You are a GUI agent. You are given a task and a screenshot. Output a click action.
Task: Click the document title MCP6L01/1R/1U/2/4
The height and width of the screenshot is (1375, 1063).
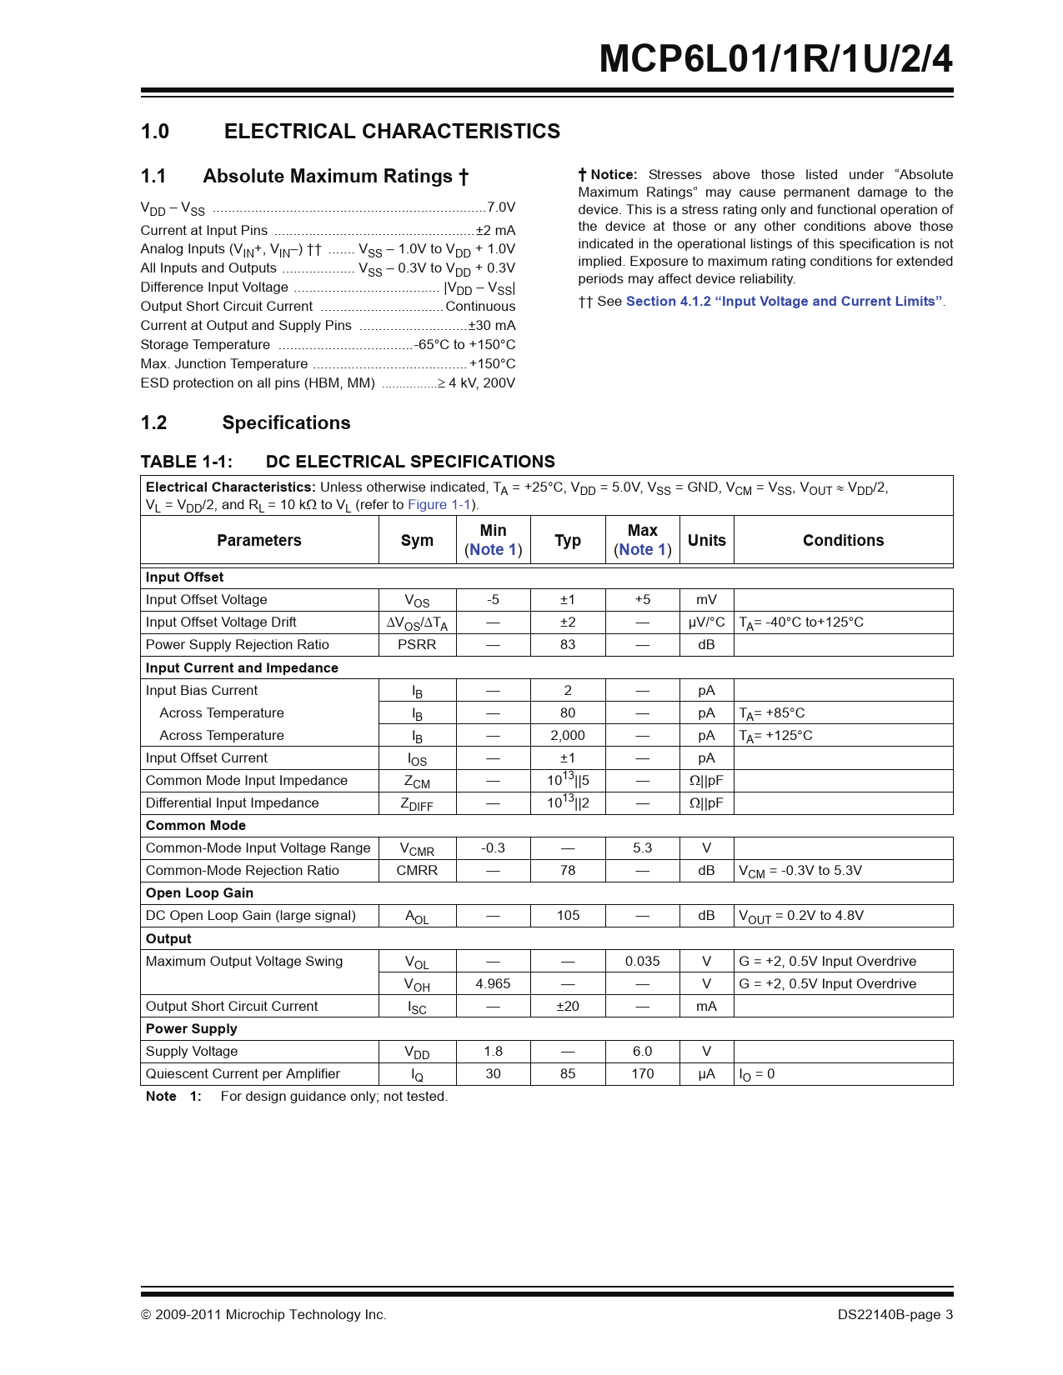point(775,59)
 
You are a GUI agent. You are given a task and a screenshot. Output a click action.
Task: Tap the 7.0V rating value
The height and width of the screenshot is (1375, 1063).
point(501,207)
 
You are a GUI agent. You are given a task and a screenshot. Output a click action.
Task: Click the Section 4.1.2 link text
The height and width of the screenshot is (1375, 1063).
point(784,302)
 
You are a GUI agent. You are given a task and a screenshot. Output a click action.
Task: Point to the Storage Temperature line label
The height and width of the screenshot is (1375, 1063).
point(205,345)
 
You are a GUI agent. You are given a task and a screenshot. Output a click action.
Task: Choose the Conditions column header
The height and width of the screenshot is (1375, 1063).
point(843,540)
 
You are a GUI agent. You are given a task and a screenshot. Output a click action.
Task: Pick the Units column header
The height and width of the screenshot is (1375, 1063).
point(706,540)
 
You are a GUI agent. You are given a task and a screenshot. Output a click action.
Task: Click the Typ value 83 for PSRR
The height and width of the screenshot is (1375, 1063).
point(568,645)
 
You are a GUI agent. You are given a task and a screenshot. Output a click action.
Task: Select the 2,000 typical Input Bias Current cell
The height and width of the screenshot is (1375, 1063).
point(568,736)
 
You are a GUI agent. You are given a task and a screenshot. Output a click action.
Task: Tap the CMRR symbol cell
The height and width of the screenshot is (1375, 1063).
point(417,871)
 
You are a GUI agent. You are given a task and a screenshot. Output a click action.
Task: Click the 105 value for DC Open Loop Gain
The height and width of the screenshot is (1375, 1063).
point(568,916)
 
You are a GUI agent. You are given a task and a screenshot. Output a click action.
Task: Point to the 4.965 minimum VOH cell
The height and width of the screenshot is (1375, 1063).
point(493,984)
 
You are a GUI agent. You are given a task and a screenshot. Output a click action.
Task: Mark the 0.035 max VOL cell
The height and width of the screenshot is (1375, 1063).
point(642,962)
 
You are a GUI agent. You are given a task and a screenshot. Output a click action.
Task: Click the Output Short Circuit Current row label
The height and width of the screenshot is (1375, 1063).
point(232,1007)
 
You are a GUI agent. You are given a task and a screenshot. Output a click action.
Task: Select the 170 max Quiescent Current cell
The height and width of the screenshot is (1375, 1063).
point(642,1074)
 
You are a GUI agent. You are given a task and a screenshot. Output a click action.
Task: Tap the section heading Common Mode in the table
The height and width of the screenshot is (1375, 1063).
point(196,826)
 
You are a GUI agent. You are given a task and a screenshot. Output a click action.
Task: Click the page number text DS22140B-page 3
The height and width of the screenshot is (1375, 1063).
point(895,1315)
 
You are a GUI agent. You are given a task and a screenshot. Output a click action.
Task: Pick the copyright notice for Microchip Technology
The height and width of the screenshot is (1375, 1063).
point(263,1315)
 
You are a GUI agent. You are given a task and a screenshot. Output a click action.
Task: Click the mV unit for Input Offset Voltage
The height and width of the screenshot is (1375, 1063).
point(706,600)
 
